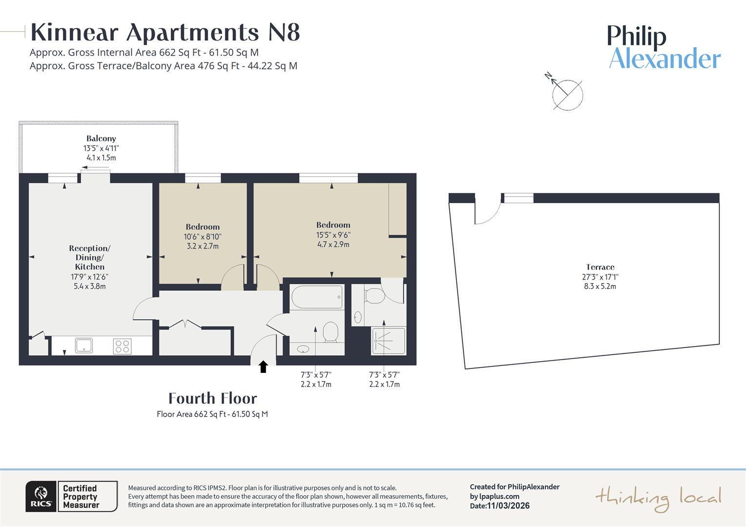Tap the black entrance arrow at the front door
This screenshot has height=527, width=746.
pos(263,367)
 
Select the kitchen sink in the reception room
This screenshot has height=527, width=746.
pos(84,345)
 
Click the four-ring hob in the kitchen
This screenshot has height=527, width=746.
pos(122,346)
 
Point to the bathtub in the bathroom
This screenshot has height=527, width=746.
pos(316,297)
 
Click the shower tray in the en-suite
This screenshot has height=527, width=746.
pos(388,341)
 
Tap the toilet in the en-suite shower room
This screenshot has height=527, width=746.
pos(374,296)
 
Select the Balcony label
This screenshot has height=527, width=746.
pos(101,139)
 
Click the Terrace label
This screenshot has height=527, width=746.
pos(600,267)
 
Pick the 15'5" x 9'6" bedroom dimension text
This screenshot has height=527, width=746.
pos(333,235)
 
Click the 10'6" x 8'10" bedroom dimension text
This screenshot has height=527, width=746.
pos(203,237)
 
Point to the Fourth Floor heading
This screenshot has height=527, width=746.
pos(212,399)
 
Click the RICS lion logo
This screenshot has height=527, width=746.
pos(41,496)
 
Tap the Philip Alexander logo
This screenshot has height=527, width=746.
pos(664,48)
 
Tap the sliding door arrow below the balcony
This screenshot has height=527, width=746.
pos(96,168)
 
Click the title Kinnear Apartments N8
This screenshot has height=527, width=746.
pos(165,33)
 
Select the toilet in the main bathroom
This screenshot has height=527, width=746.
pos(331,331)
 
